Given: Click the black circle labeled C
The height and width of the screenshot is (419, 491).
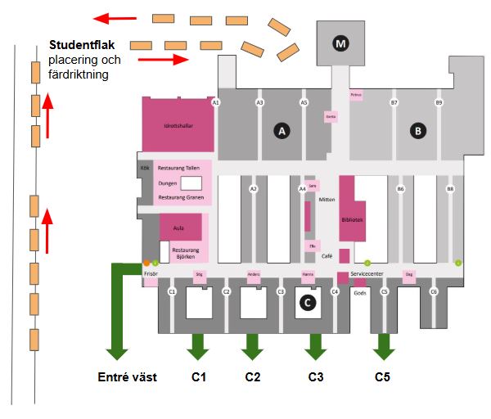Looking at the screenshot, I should click(308, 303).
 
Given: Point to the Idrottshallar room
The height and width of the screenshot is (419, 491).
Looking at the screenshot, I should click(178, 127).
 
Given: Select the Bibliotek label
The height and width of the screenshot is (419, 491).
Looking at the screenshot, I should click(354, 219).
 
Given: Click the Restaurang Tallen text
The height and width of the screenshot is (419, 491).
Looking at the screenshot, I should click(179, 167).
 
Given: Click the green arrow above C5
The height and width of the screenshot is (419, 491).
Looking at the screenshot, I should click(383, 348).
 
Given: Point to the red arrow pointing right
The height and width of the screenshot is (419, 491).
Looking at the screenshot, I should click(169, 60).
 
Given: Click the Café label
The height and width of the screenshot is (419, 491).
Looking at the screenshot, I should click(327, 256).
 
